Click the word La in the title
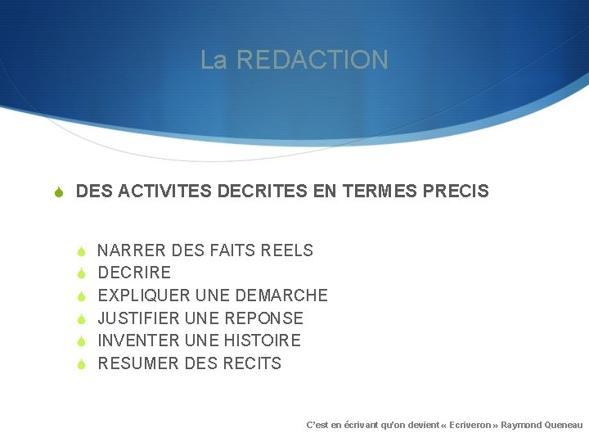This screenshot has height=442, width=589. coord(214,60)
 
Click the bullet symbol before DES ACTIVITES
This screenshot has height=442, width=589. coord(59,192)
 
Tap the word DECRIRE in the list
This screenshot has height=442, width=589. coord(134,273)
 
